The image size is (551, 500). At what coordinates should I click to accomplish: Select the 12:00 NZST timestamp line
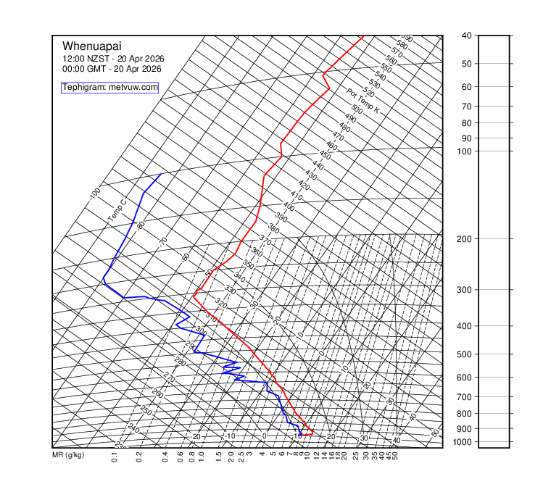click(112, 59)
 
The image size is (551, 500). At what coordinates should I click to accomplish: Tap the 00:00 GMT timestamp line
click(112, 69)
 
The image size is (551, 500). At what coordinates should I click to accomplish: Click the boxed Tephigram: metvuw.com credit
click(109, 87)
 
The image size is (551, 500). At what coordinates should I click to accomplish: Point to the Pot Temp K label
click(362, 101)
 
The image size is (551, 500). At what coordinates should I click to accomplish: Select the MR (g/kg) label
click(68, 455)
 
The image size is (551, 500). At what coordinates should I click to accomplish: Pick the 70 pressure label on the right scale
click(467, 107)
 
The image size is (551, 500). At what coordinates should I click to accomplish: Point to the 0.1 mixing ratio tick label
click(115, 457)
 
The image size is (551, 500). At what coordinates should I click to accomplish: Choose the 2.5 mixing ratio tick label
click(241, 457)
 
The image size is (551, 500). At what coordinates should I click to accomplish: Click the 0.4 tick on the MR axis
click(165, 457)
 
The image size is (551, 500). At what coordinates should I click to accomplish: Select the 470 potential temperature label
click(338, 136)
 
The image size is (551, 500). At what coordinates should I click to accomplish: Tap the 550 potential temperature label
click(386, 69)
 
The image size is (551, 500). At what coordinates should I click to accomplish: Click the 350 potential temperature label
click(248, 265)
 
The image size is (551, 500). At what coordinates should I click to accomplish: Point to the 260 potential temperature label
click(157, 393)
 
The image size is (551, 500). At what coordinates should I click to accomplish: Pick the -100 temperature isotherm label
click(94, 193)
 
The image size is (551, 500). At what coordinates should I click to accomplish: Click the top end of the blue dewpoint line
click(161, 174)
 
